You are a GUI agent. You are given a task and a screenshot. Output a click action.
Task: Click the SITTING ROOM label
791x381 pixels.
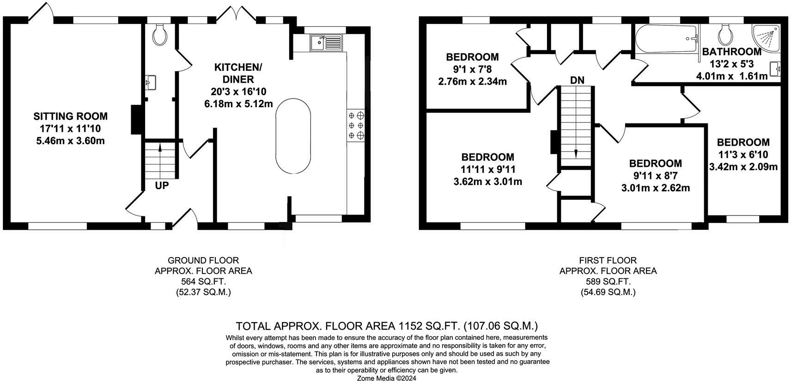click(70, 117)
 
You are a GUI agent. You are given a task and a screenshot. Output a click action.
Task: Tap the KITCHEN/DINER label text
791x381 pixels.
click(238, 74)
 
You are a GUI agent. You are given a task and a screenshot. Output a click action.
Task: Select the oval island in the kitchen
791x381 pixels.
click(293, 135)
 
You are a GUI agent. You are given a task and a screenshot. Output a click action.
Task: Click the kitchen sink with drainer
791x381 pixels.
click(326, 43)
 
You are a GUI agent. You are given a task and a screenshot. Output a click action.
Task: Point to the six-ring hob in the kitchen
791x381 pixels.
click(356, 125)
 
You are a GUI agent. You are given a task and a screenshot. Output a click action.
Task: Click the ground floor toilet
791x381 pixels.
click(160, 35)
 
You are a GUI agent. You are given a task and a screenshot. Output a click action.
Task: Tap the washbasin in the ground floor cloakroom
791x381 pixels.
click(151, 83)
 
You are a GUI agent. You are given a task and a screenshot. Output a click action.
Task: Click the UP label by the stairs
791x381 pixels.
click(162, 186)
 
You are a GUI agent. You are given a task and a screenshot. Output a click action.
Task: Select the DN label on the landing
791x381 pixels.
click(577, 80)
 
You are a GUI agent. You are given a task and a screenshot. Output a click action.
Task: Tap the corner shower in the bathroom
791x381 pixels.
click(767, 37)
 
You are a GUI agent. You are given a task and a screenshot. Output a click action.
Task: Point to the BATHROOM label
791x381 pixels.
click(731, 52)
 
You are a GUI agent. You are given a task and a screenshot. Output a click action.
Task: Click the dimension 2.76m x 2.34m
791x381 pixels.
click(472, 82)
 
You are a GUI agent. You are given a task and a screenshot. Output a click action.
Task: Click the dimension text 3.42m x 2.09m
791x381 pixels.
click(743, 166)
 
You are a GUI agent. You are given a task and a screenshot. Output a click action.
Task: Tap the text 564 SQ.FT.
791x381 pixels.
click(203, 282)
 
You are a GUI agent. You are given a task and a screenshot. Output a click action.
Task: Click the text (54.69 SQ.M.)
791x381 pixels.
click(608, 292)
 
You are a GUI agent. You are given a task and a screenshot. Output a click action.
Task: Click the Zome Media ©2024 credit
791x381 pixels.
click(387, 378)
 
